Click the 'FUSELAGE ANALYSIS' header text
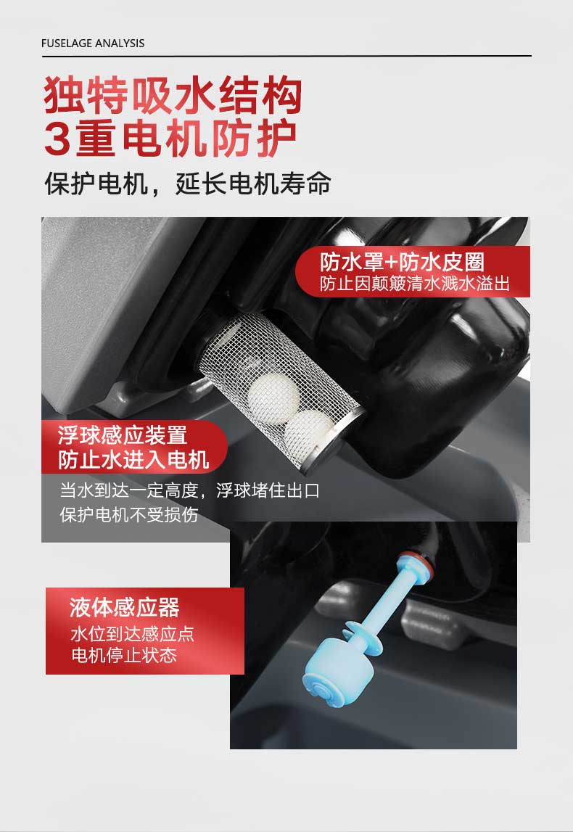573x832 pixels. [93, 43]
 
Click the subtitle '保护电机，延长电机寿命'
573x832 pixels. [187, 184]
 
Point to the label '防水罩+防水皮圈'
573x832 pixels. [402, 261]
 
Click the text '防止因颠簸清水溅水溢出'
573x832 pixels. [415, 284]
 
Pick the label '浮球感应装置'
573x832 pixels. [123, 435]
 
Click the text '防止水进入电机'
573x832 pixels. [133, 460]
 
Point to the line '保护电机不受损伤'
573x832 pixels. [128, 514]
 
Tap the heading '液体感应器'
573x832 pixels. [124, 607]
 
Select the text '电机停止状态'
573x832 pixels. [123, 656]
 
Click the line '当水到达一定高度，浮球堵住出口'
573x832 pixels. [189, 490]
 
